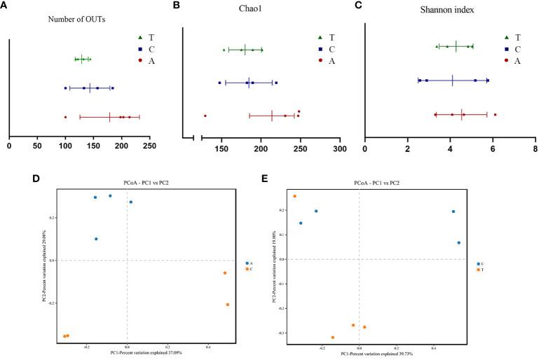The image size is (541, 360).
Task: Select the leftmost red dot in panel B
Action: [205, 116]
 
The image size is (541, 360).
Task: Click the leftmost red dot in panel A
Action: [65, 117]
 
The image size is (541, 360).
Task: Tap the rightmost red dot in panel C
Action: [495, 114]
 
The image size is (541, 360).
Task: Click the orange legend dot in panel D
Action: [246, 269]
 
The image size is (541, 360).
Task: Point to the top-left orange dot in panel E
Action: [294, 196]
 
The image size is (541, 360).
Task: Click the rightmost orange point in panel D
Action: [228, 305]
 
